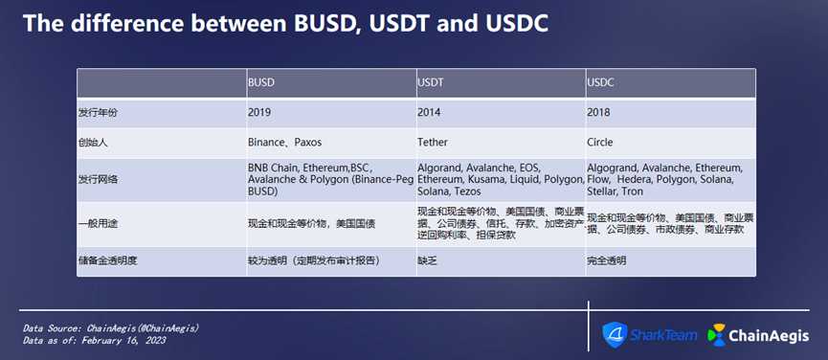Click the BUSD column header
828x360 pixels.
[x=261, y=83]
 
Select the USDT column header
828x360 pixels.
[x=431, y=83]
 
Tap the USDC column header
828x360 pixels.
[x=600, y=83]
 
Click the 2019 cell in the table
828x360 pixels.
[x=258, y=112]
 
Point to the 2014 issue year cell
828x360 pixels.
[x=428, y=112]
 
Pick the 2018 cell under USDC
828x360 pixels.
[x=598, y=112]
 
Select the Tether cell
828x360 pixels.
[x=432, y=143]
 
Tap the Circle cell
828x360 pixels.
[x=600, y=143]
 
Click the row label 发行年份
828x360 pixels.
[x=98, y=112]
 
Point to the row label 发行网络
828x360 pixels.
[x=98, y=179]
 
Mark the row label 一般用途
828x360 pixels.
[x=98, y=224]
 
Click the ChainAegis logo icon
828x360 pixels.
[x=717, y=335]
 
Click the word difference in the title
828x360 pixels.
[x=131, y=24]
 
